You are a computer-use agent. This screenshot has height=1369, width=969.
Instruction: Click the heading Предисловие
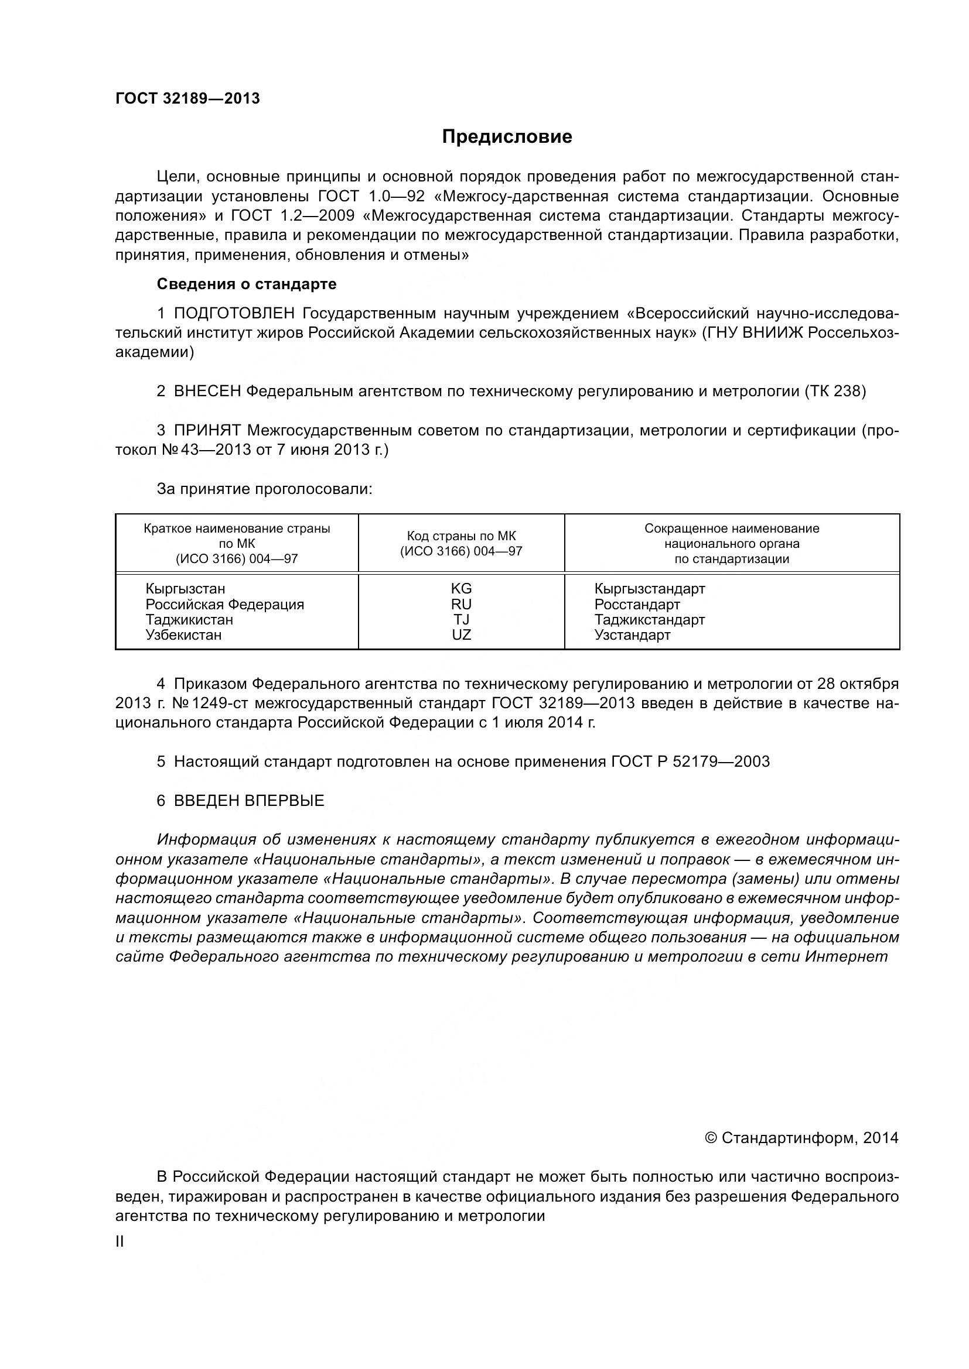click(x=507, y=137)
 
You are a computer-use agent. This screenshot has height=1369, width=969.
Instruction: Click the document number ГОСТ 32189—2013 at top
click(x=187, y=98)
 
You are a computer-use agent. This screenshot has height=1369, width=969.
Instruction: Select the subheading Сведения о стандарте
click(x=247, y=284)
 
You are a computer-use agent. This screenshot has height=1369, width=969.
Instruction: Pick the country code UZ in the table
click(x=461, y=635)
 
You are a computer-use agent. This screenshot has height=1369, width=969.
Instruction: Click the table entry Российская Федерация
click(x=225, y=605)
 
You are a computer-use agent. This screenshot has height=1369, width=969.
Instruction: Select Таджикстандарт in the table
click(x=649, y=620)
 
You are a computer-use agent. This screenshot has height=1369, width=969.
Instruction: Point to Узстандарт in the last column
click(x=632, y=636)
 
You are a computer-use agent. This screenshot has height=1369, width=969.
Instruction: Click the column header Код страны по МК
click(x=460, y=536)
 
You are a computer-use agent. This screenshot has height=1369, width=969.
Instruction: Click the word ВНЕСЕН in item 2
click(x=207, y=392)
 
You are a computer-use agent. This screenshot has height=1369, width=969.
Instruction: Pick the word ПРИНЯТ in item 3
click(x=207, y=431)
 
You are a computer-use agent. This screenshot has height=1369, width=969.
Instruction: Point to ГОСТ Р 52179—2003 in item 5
click(x=690, y=762)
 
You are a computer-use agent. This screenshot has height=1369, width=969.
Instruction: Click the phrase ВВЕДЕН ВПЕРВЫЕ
click(x=249, y=801)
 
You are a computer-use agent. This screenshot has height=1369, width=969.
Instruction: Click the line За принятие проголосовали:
click(x=264, y=489)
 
